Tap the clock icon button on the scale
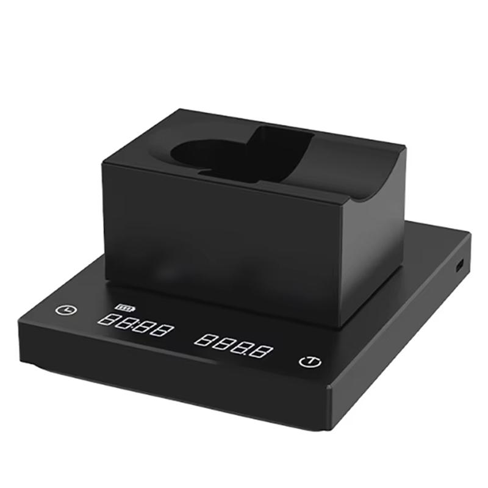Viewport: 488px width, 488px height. (66, 310)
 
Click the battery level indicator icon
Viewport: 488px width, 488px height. (125, 308)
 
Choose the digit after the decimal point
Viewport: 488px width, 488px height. (263, 351)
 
